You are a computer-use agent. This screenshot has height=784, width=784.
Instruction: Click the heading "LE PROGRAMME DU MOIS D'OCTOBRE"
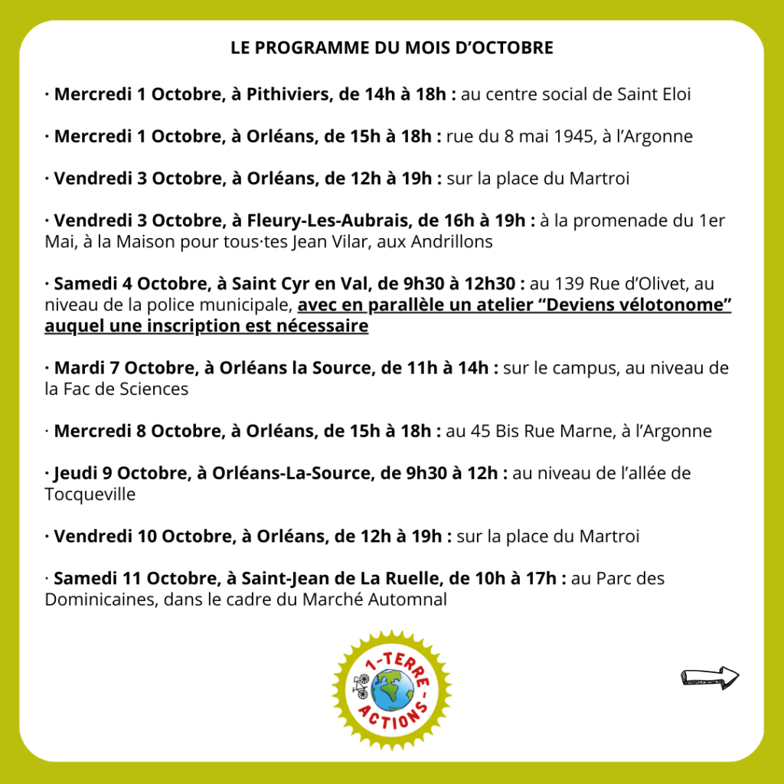point(392,47)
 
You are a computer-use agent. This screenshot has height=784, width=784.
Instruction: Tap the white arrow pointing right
point(710,676)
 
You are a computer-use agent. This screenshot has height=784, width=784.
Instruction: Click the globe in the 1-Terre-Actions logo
point(392,694)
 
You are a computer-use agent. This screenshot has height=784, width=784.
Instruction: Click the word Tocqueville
point(90,495)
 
